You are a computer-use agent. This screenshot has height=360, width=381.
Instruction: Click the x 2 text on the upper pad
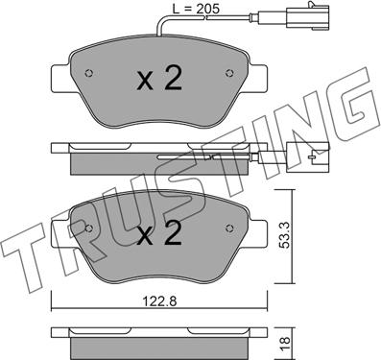click(x=158, y=81)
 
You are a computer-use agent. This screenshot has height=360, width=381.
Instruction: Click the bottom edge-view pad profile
click(x=158, y=340)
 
